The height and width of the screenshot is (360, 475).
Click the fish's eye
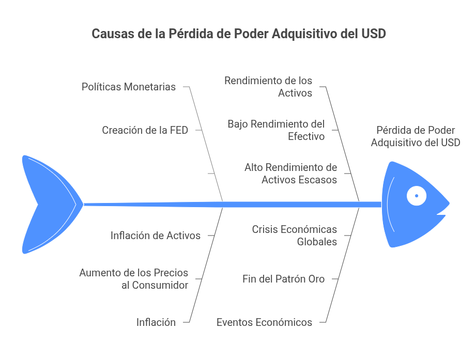(416, 196)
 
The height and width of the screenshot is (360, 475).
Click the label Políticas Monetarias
(129, 87)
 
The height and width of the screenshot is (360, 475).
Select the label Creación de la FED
(145, 130)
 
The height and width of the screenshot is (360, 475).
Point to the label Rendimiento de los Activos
(268, 87)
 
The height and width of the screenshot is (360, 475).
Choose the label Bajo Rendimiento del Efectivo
(276, 130)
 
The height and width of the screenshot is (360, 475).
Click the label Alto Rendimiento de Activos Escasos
(291, 174)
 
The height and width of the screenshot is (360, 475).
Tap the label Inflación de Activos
(156, 236)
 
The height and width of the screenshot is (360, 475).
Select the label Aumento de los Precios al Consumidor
(134, 278)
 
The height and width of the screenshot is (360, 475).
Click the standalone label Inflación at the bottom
(156, 322)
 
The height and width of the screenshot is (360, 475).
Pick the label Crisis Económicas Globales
(295, 235)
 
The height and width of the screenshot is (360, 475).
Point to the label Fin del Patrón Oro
(283, 279)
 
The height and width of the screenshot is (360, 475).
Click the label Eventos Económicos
(264, 322)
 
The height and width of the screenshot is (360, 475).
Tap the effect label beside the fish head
(415, 136)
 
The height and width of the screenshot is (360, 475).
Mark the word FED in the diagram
(179, 130)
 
